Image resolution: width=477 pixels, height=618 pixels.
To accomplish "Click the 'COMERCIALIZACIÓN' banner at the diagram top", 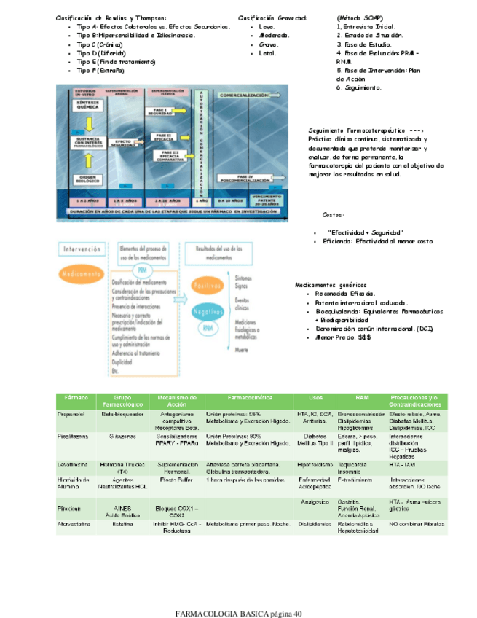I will pyautogui.click(x=244, y=95).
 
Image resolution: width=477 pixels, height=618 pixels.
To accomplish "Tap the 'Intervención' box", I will pyautogui.click(x=81, y=249).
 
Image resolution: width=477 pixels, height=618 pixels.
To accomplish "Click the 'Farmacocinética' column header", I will pyautogui.click(x=249, y=398).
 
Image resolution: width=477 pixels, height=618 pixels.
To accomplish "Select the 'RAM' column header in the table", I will pyautogui.click(x=362, y=398).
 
